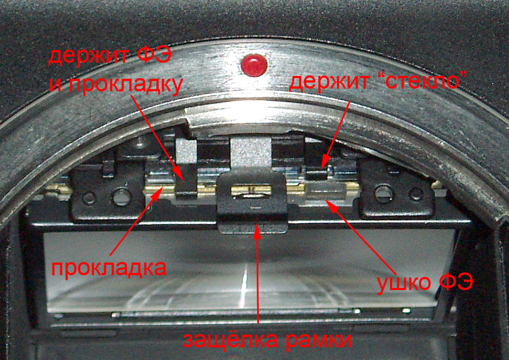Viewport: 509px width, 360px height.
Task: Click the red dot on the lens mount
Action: pos(254,65)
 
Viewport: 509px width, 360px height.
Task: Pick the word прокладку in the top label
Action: pos(125,85)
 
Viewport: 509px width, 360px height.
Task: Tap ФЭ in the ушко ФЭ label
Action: pos(456,282)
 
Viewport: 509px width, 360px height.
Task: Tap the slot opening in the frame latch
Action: pos(251,190)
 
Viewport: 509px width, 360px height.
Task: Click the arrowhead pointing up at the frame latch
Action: pos(257,230)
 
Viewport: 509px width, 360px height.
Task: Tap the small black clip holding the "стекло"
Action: pos(317,175)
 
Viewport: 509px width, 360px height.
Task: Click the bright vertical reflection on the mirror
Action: pos(243,285)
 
